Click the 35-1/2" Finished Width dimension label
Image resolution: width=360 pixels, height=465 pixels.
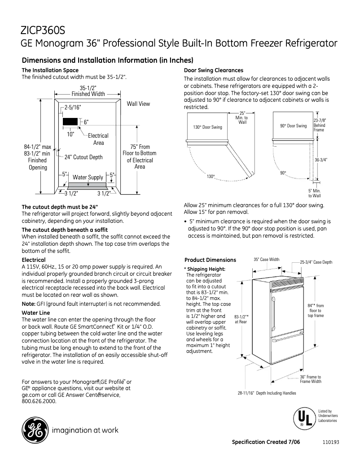pyautogui.click(x=88, y=91)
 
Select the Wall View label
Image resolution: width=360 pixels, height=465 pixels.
pyautogui.click(x=138, y=104)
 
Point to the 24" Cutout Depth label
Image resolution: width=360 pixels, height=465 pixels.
pyautogui.click(x=83, y=157)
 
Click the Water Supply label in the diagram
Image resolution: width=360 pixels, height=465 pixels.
pyautogui.click(x=88, y=177)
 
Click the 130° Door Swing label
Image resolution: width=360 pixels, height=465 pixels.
pyautogui.click(x=207, y=127)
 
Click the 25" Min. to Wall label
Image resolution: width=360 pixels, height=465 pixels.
pyautogui.click(x=242, y=118)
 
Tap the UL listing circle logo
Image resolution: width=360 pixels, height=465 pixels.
pyautogui.click(x=302, y=418)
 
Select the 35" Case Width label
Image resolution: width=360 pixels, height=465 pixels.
pyautogui.click(x=266, y=260)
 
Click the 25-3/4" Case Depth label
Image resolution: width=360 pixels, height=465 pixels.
pyautogui.click(x=316, y=262)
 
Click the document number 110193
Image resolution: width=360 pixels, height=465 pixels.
pyautogui.click(x=330, y=442)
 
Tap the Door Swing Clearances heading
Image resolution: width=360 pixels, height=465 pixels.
pyautogui.click(x=214, y=70)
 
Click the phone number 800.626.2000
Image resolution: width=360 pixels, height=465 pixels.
pyautogui.click(x=39, y=401)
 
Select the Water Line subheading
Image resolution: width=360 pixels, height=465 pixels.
pyautogui.click(x=35, y=313)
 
